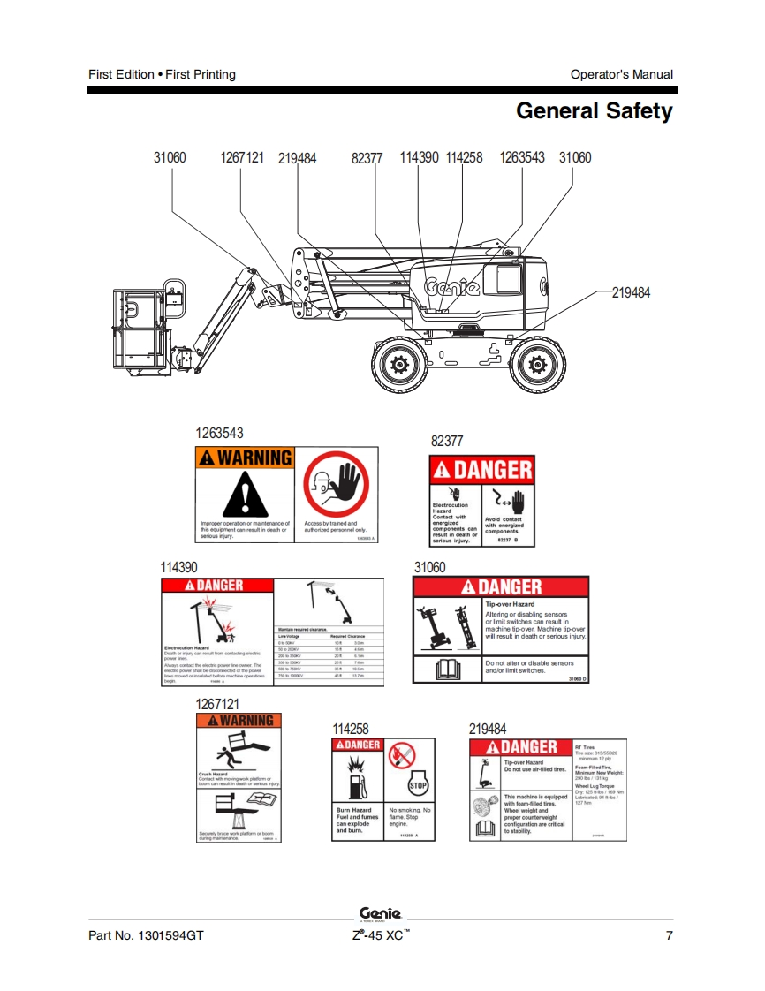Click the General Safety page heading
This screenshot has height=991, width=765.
click(594, 111)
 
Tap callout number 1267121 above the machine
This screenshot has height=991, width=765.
click(242, 157)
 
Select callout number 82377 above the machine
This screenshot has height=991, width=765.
click(367, 158)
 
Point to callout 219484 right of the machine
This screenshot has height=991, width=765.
click(631, 292)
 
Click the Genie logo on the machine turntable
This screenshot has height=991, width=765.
click(452, 288)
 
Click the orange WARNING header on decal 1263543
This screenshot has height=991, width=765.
click(244, 458)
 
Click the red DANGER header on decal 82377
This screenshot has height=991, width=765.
click(481, 470)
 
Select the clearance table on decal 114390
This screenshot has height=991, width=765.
click(329, 654)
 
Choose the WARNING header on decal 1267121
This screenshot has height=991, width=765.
click(239, 721)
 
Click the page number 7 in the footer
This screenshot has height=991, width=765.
click(669, 935)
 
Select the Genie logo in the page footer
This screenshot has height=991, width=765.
click(382, 913)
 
